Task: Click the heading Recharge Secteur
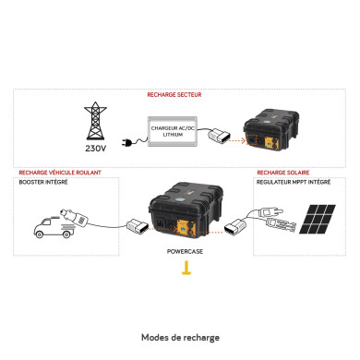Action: [x=174, y=94]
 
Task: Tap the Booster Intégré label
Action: [x=41, y=183]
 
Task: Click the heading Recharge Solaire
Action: [x=282, y=173]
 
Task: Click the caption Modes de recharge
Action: [x=181, y=337]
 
